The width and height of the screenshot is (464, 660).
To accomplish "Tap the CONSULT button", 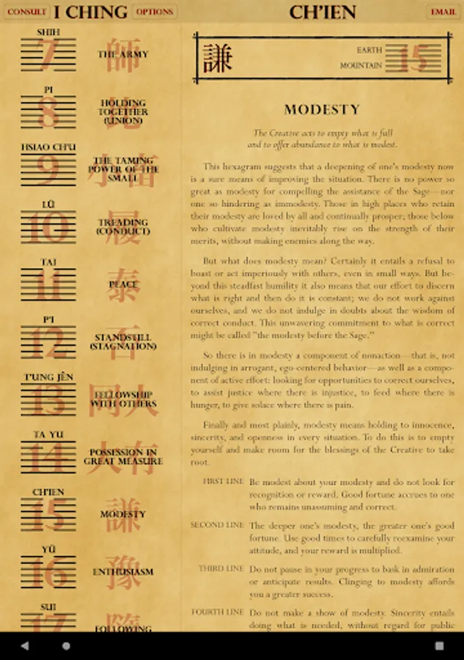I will pos(26,12).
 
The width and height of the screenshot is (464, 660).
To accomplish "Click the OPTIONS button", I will pos(155,12).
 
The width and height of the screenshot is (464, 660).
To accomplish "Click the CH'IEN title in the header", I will pos(323,12).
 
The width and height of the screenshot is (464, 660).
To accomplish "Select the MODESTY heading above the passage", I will pos(323,110).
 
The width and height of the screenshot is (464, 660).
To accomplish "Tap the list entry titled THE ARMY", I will pos(123,54).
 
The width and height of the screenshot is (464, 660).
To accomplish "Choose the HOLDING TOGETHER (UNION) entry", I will pos(123,111).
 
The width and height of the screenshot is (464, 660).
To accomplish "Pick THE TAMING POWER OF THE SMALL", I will pos(123,169).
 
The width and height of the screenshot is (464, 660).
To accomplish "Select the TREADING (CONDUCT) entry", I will pos(123,227).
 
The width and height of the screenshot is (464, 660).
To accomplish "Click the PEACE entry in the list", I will pos(123,283).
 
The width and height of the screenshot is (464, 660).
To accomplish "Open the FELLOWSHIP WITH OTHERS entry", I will pos(123,399).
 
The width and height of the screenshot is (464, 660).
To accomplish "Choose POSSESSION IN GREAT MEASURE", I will pos(123,457).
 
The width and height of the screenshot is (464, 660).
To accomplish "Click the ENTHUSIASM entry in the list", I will pos(123,572).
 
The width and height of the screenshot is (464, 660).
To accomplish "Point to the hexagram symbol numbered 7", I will pos(48,55).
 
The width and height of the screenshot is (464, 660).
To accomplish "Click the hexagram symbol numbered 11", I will pos(48,285).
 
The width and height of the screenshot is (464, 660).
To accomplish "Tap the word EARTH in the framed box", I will pos(369,51).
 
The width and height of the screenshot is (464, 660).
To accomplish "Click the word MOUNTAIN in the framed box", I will pos(361,66).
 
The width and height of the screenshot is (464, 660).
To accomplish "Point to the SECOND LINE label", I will pos(217,525).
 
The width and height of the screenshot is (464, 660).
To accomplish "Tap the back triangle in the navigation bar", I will pos(25,646).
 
